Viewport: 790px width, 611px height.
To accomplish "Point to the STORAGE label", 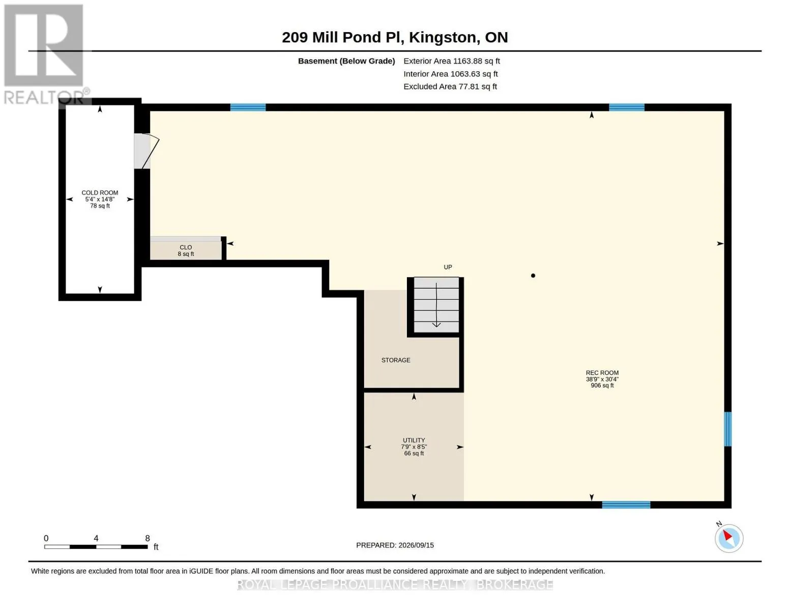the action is tap(396, 360).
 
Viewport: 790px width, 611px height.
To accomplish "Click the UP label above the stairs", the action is tap(448, 267).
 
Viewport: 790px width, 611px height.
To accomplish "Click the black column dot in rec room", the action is tap(533, 275).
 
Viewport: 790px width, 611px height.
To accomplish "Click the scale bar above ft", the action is tap(96, 546).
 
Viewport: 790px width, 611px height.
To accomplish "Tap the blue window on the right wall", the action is tap(728, 429).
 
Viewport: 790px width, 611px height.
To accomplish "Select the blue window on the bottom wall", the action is tap(626, 505).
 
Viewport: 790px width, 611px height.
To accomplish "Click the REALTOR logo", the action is tap(45, 54).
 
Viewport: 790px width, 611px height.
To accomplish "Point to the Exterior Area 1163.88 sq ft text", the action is tap(452, 61).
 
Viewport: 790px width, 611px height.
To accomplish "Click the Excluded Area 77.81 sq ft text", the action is tap(450, 87).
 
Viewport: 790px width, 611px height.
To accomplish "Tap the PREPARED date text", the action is tap(395, 545).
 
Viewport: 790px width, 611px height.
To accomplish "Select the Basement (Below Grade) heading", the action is tap(346, 61).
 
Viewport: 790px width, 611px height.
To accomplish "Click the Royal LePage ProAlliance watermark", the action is tap(395, 585).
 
